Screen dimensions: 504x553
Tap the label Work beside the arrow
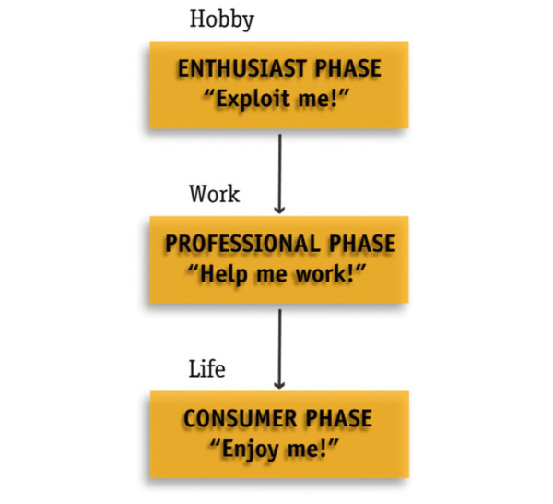(x=214, y=194)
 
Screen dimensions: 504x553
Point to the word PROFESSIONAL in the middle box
(x=235, y=244)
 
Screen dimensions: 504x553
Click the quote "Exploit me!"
(x=279, y=98)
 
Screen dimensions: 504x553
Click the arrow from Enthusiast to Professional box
(x=279, y=170)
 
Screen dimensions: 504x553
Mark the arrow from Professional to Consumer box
(x=279, y=345)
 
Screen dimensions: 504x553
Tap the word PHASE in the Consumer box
(x=338, y=419)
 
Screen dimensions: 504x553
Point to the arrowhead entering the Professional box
(x=279, y=207)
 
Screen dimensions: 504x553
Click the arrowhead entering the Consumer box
(x=279, y=382)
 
